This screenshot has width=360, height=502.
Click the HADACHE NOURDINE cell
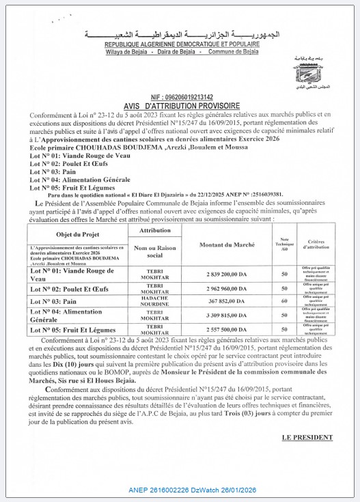pos(155,301)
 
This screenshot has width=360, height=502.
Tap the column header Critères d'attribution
pos(315,245)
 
